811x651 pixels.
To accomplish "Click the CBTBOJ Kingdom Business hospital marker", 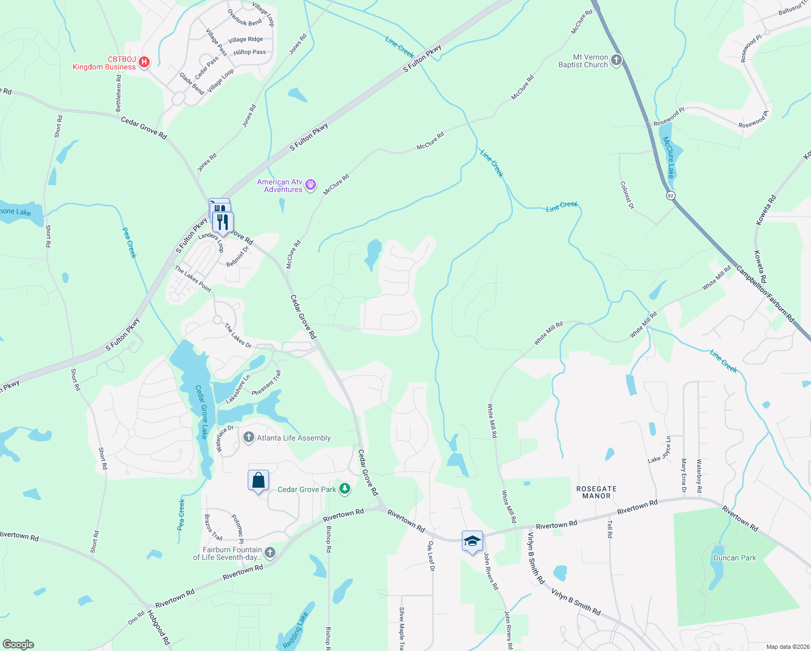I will (x=144, y=62).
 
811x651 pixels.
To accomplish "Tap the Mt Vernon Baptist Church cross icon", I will (x=616, y=60).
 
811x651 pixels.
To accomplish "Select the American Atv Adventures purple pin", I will (x=311, y=186).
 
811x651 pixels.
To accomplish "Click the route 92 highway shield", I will (x=671, y=195).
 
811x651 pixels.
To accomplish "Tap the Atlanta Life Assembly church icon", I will (x=249, y=437).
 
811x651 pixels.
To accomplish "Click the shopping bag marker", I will (x=258, y=481).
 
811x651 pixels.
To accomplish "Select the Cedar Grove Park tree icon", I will (x=344, y=489).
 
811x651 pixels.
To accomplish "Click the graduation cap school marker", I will (x=472, y=541).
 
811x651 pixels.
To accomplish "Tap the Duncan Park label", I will (x=735, y=558).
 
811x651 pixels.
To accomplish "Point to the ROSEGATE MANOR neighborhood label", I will (x=596, y=493).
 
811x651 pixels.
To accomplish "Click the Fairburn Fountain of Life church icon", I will (x=270, y=553).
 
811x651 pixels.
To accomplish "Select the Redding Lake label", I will (x=295, y=630).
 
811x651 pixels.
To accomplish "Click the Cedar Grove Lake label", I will (x=201, y=412).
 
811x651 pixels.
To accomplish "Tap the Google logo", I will (x=18, y=644).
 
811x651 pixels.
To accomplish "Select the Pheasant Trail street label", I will (x=267, y=383).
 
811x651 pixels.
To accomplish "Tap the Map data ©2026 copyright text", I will (x=788, y=647).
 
